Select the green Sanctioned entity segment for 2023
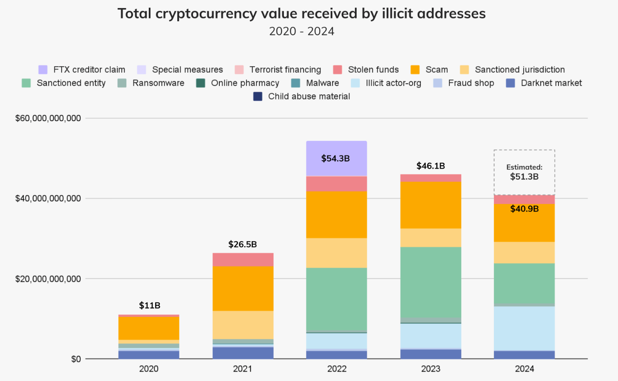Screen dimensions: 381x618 431,282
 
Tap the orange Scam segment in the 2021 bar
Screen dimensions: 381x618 243,288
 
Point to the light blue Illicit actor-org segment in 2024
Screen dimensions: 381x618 524,328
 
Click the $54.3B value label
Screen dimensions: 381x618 335,159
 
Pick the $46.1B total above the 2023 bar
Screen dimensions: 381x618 431,166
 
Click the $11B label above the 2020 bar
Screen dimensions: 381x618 150,305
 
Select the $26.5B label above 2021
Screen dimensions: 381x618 243,245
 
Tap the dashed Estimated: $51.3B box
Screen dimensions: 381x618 524,172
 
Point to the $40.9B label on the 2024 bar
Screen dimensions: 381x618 524,209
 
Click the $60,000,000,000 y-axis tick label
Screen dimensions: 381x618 48,118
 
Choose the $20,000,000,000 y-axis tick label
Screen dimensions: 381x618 48,279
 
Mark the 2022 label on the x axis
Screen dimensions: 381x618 337,369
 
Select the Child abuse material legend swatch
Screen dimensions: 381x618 258,97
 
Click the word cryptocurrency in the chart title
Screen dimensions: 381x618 206,14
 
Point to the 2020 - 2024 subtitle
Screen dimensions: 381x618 302,31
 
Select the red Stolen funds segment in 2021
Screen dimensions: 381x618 243,259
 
